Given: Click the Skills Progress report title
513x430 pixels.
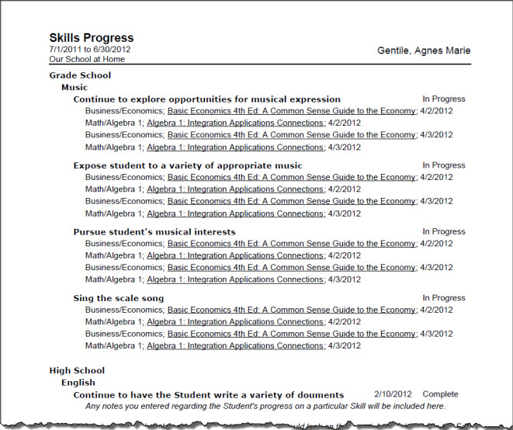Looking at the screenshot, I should point(91,38).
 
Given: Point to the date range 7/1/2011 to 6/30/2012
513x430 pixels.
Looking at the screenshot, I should point(89,50).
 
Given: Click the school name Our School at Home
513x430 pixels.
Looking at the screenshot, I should point(86,59).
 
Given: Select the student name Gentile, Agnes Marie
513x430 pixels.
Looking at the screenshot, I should point(424,51).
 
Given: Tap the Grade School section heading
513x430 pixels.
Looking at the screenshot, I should point(80,75).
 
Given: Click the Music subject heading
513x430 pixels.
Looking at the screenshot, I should point(75,88).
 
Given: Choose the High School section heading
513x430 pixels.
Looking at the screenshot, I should point(77,370).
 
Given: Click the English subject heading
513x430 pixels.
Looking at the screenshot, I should point(78,383).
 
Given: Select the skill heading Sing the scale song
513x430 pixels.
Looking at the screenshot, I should point(119,298).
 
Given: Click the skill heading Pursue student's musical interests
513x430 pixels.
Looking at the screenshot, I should point(154,231).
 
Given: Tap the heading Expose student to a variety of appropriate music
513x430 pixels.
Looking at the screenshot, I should point(188,165).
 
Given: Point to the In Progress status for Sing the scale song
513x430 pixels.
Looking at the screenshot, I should point(443,298).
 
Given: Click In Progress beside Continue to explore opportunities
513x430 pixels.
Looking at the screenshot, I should point(443,99).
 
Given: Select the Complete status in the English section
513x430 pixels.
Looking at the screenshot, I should point(440,394).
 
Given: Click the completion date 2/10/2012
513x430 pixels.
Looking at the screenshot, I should point(393,394).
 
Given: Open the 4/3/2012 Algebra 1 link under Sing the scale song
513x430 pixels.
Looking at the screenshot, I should point(235,346).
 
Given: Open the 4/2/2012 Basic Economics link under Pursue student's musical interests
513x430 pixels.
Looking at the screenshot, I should point(291,244).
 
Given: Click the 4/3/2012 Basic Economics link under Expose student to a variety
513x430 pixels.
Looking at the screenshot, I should point(291,201).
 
